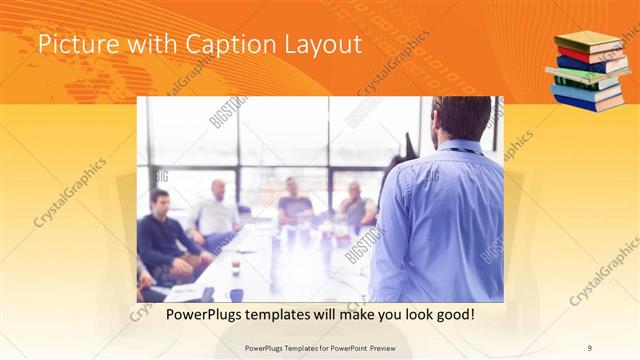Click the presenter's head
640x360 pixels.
click(x=461, y=118)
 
